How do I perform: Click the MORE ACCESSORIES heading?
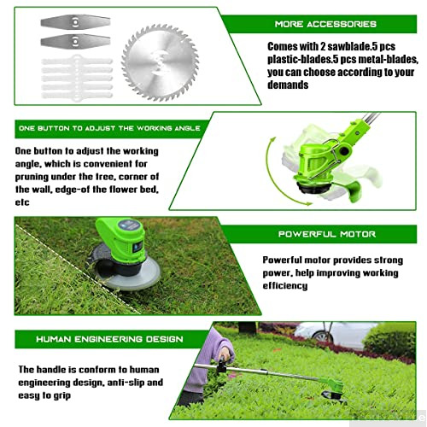(x=325, y=25)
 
